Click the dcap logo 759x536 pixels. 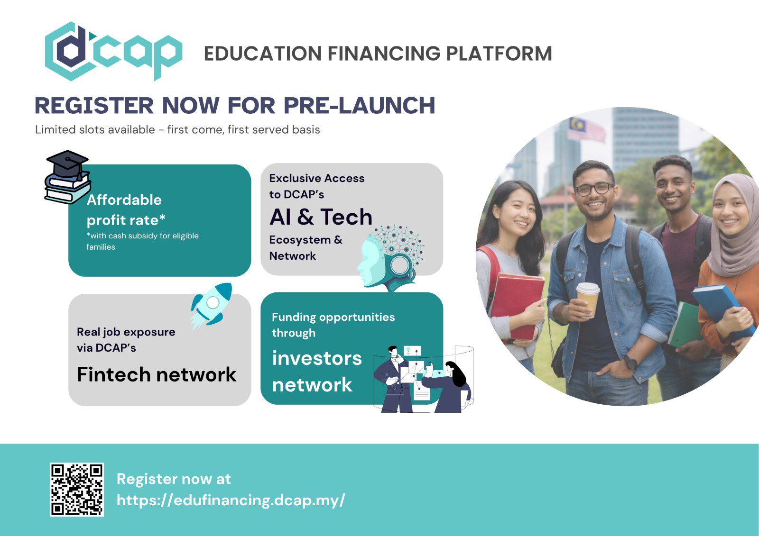pyautogui.click(x=113, y=52)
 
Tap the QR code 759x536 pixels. pyautogui.click(x=77, y=489)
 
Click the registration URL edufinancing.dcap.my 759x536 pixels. pyautogui.click(x=231, y=500)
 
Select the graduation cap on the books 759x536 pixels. pyautogui.click(x=67, y=164)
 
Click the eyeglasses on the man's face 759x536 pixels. pyautogui.click(x=594, y=189)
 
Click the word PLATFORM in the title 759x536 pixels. pyautogui.click(x=499, y=54)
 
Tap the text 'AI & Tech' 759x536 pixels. pyautogui.click(x=321, y=217)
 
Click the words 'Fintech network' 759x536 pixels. pyautogui.click(x=157, y=374)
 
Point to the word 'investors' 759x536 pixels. pyautogui.click(x=317, y=358)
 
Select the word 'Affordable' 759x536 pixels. pyautogui.click(x=124, y=200)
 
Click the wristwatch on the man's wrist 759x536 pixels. pyautogui.click(x=630, y=362)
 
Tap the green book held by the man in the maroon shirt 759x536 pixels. pyautogui.click(x=685, y=326)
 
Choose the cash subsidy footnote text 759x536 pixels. pyautogui.click(x=142, y=241)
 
